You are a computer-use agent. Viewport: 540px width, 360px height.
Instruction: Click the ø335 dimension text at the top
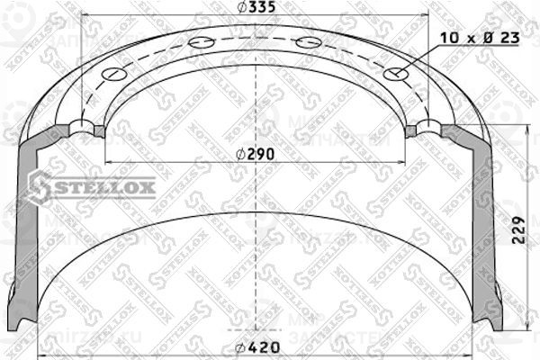(259, 8)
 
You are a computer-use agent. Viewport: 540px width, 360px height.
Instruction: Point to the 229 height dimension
(516, 231)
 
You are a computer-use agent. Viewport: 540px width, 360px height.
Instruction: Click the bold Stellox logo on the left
(90, 187)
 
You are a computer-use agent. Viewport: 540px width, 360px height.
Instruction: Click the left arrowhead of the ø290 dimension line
(110, 162)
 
